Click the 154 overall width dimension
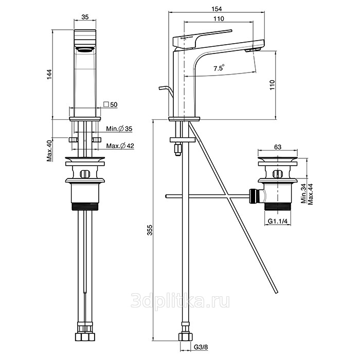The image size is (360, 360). (x=217, y=9)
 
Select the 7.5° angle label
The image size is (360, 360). (x=219, y=68)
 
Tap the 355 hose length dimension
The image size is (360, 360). (x=150, y=230)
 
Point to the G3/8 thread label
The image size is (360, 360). (x=201, y=347)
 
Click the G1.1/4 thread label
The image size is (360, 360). (x=278, y=221)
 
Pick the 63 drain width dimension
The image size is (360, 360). (x=278, y=147)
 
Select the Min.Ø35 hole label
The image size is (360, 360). (x=119, y=129)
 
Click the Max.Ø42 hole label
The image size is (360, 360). (x=120, y=146)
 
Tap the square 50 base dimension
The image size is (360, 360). (x=111, y=104)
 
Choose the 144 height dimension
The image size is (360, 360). (x=50, y=75)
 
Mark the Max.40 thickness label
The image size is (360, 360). (x=50, y=151)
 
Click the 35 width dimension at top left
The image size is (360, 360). (x=85, y=17)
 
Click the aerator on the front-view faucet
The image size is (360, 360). (x=85, y=49)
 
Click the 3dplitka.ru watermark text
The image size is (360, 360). (x=180, y=301)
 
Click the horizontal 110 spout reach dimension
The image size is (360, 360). (x=219, y=19)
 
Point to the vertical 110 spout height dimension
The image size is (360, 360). (x=272, y=85)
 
